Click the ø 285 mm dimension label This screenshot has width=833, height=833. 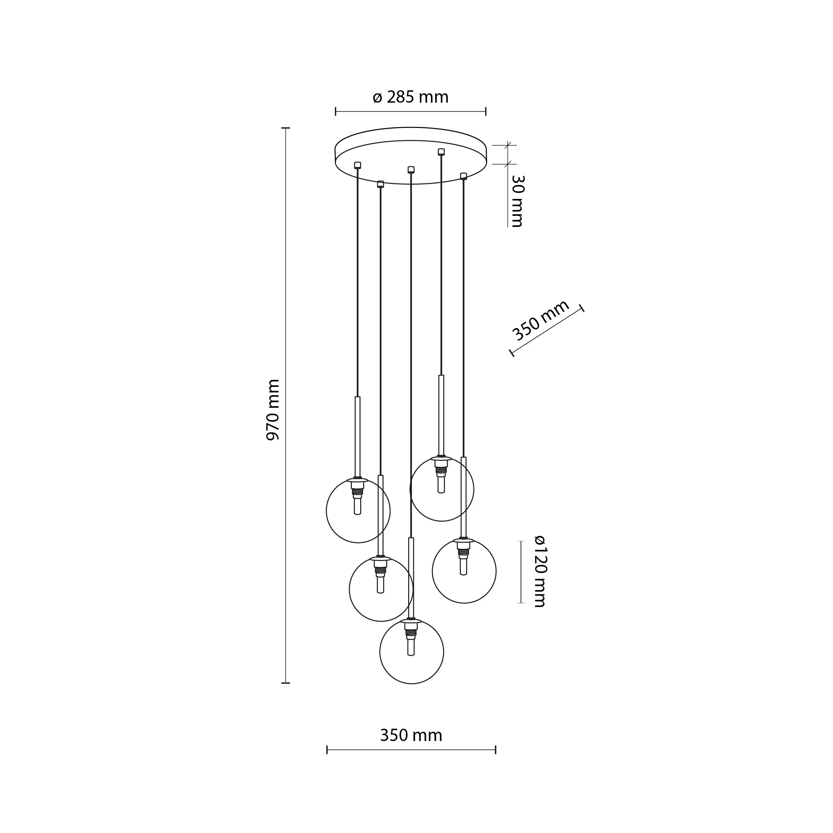(411, 97)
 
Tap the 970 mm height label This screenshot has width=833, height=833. (273, 410)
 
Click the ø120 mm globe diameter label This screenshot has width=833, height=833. (539, 571)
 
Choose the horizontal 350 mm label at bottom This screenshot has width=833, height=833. (411, 735)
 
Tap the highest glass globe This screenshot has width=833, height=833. (442, 489)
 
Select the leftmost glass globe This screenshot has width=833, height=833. (358, 510)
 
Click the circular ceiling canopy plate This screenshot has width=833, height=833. (411, 156)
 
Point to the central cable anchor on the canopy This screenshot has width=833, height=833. (411, 170)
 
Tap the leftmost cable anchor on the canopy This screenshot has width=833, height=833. (358, 165)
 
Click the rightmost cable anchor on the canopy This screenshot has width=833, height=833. (464, 176)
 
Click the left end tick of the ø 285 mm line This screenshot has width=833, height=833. (336, 112)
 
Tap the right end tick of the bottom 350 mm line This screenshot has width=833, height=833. (496, 750)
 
